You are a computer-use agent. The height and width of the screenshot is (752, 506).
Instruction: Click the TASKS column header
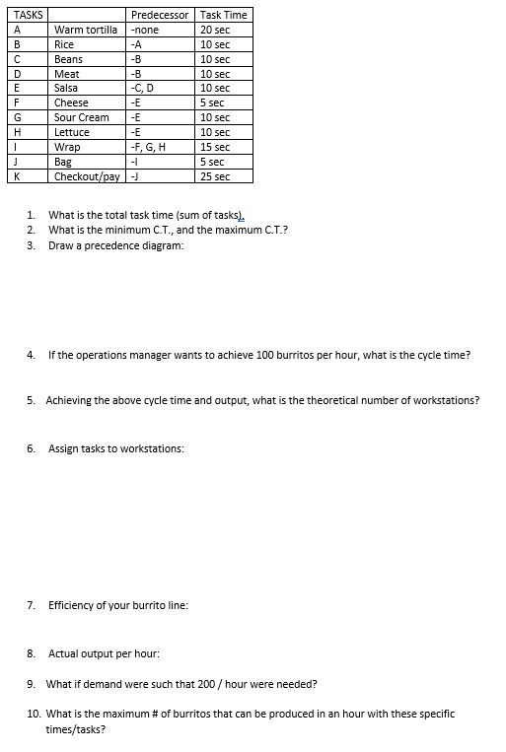[x=20, y=15]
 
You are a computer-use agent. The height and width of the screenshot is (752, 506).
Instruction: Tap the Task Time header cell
[x=223, y=15]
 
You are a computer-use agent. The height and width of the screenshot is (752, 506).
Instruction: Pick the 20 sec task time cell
[x=214, y=30]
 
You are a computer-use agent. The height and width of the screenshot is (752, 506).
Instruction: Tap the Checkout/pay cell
[x=87, y=176]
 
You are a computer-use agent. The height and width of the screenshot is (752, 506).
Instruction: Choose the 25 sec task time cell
[x=214, y=176]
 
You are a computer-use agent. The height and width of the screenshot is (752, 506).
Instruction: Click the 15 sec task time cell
[x=214, y=147]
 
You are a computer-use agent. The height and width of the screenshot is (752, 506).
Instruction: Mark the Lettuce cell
[x=71, y=132]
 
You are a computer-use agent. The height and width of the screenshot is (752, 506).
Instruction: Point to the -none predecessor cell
[x=144, y=30]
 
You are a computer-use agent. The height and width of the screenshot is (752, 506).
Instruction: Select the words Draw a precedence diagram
[x=115, y=245]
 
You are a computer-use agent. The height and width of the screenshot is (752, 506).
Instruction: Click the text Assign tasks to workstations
[x=115, y=448]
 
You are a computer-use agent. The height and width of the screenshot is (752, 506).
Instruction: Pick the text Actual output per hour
[x=104, y=652]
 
